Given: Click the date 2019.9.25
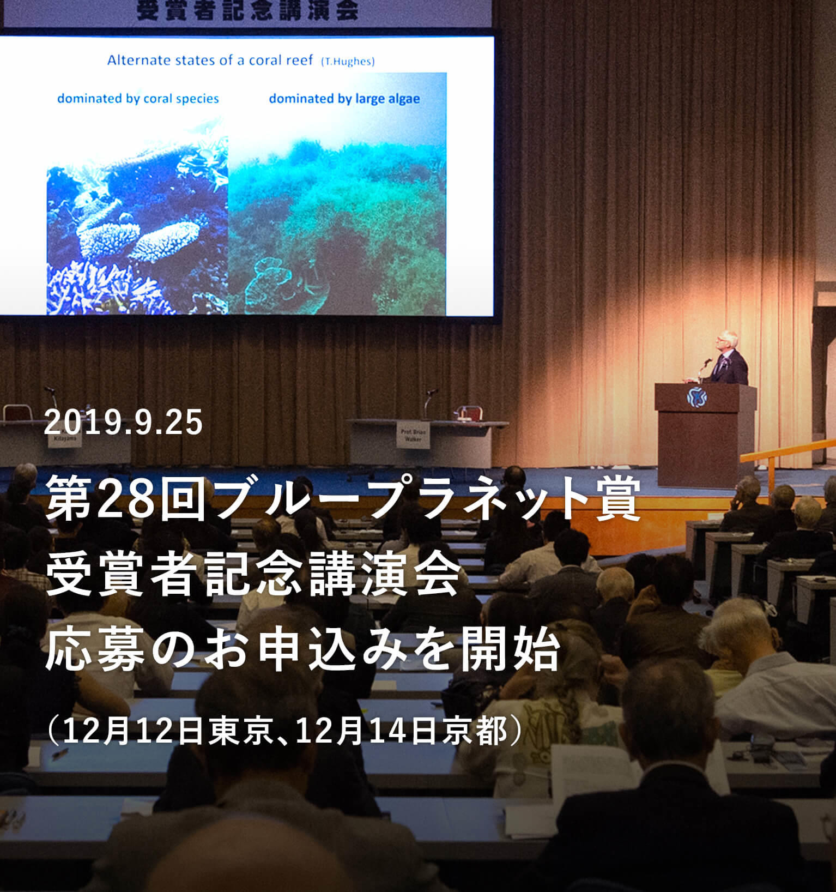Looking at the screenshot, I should coord(123,423).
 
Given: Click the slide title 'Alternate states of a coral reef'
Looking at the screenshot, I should coord(210,60).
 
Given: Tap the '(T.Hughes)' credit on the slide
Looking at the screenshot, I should coord(348,62).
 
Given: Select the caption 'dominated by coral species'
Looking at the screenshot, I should coord(138,99).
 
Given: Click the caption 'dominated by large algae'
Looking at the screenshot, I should coord(344,99).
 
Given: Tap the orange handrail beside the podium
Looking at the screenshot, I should coord(785,453).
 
